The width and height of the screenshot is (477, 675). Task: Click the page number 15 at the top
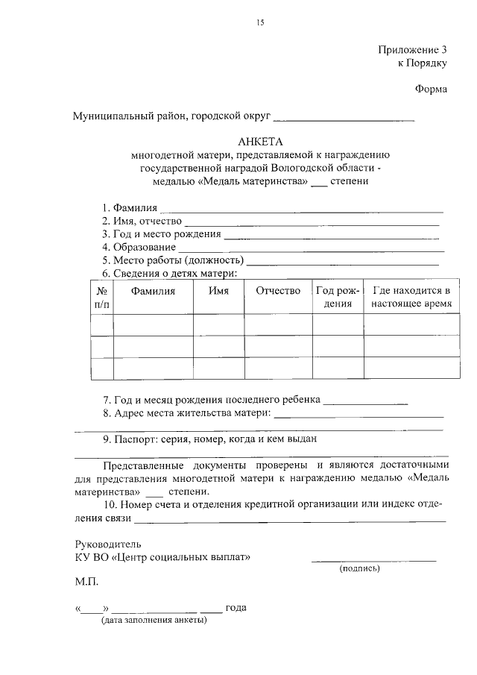(x=260, y=23)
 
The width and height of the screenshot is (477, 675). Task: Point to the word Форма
(x=431, y=90)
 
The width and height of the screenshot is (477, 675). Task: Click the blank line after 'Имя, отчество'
(x=312, y=222)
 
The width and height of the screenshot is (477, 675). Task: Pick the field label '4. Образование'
(x=139, y=247)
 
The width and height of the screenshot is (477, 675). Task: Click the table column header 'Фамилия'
(x=153, y=292)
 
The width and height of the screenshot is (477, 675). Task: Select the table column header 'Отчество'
(x=278, y=292)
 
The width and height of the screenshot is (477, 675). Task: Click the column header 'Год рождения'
(x=338, y=298)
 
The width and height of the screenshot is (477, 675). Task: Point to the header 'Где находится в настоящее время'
(x=411, y=298)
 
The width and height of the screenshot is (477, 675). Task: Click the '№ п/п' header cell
(x=102, y=298)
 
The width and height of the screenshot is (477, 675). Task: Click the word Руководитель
(x=107, y=543)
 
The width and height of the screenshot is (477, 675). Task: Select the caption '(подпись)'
(x=359, y=569)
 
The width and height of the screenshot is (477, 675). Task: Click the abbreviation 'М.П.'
(x=86, y=581)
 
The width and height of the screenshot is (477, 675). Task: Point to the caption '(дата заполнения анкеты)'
(x=155, y=620)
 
